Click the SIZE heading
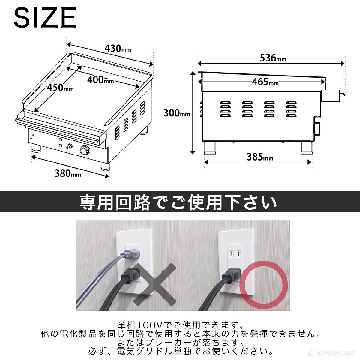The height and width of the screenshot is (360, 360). click(x=45, y=18)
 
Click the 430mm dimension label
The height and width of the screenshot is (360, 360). click(x=118, y=49)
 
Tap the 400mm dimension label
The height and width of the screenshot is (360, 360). click(x=100, y=80)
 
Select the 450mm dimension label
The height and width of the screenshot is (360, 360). click(x=60, y=88)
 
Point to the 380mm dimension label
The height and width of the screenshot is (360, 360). click(x=67, y=173)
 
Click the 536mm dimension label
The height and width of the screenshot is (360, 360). click(x=273, y=58)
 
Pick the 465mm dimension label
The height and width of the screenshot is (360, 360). click(x=265, y=82)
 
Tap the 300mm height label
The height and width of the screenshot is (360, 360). click(x=176, y=113)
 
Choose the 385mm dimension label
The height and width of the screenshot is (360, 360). click(x=260, y=157)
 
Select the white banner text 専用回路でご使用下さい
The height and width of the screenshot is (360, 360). click(x=178, y=203)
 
